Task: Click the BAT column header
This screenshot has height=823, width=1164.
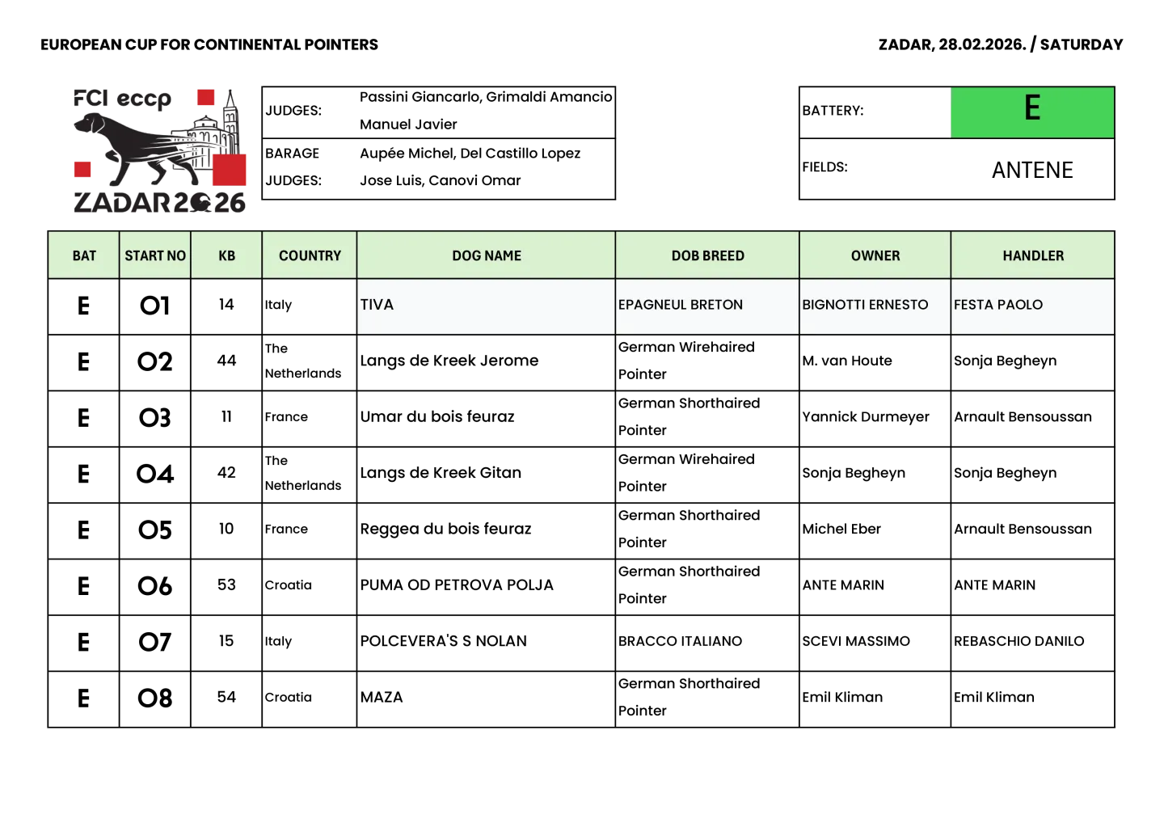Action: coord(84,255)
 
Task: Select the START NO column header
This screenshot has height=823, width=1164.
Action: coord(155,255)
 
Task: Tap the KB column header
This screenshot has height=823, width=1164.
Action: coord(226,255)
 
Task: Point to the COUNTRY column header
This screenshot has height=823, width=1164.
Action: coord(310,255)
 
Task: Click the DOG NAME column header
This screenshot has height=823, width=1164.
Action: coord(487,255)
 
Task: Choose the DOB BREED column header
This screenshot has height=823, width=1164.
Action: coord(707,255)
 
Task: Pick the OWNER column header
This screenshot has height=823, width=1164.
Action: coord(875,255)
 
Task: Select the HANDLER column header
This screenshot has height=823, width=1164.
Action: coord(1033,255)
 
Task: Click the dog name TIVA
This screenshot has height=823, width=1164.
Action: coord(377,305)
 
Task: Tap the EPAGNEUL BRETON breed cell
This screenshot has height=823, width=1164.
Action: coord(681,305)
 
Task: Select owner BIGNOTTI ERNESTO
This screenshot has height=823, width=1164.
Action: coord(865,305)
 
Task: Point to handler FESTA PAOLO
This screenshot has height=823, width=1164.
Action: coord(998,305)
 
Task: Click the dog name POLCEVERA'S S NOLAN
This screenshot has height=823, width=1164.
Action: coord(443,641)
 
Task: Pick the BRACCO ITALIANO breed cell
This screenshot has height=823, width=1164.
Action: coord(680,641)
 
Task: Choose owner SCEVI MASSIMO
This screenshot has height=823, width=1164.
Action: coord(856,641)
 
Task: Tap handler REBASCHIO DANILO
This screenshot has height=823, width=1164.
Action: coord(1018,641)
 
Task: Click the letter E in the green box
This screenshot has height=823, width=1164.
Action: coord(1032,108)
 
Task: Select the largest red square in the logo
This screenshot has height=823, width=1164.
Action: coord(230,170)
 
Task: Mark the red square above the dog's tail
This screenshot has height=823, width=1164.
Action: coord(206,98)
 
